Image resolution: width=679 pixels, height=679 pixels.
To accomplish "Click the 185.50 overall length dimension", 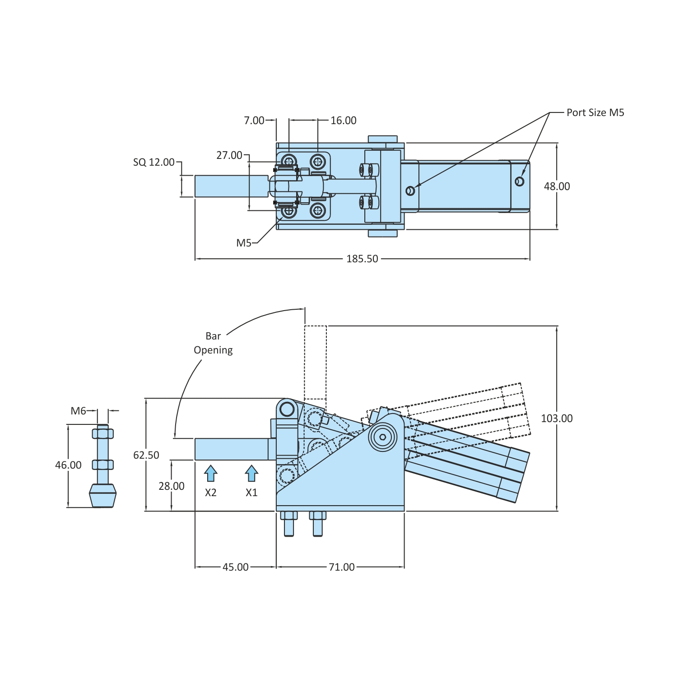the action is point(362,259).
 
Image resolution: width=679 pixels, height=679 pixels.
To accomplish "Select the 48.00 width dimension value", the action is point(557,186).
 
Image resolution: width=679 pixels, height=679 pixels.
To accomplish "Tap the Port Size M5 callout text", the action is point(595,112).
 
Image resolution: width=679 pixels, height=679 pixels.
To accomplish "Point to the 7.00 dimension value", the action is point(254,120).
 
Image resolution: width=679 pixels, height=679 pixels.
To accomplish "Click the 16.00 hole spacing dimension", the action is point(343,120).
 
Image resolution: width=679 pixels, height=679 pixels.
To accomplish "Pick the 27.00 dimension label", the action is point(229,155).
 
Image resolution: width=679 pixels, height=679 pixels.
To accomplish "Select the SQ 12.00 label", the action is point(153,162).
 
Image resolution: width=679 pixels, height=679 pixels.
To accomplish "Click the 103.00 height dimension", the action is point(557,419).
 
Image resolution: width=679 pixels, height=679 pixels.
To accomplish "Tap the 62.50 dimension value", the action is point(146,455).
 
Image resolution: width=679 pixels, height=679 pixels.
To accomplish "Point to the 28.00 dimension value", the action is point(172,486).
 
